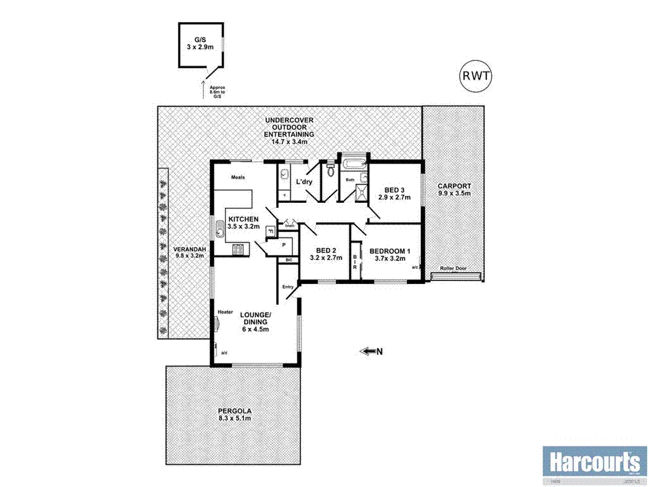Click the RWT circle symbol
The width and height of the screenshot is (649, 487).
point(475,77)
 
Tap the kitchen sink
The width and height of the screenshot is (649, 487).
point(220,230)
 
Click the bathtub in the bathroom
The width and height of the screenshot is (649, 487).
point(354,166)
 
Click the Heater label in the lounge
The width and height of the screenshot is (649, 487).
point(225,312)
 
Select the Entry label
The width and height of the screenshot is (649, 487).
point(288,287)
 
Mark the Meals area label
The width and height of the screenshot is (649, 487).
point(238,178)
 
